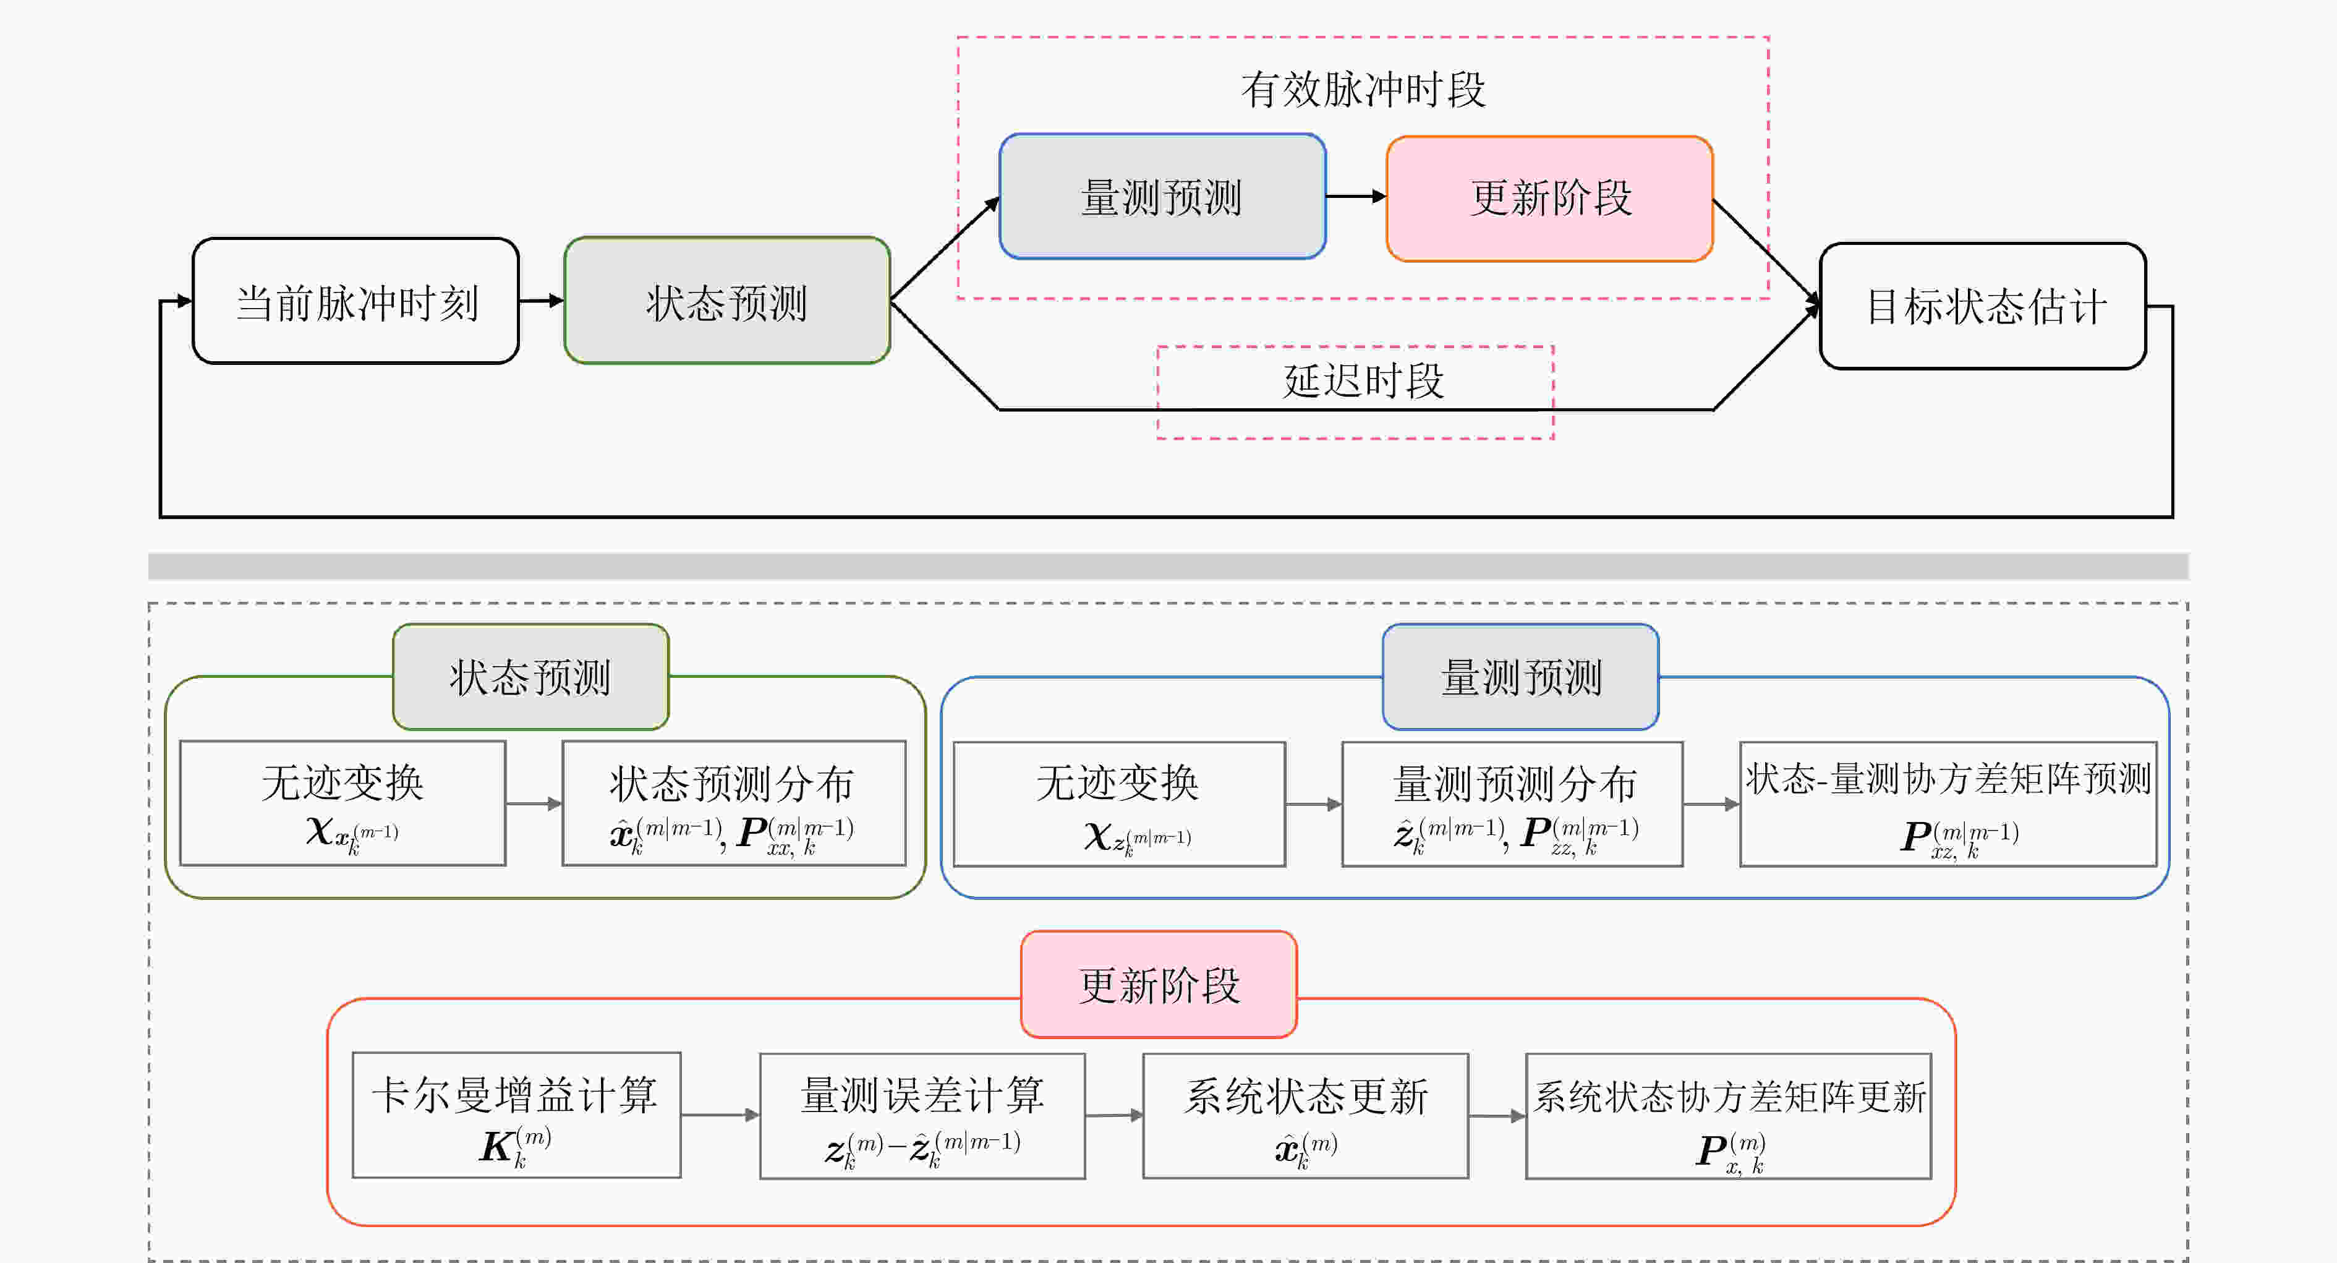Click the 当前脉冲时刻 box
pyautogui.click(x=355, y=301)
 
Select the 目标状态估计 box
pyautogui.click(x=1983, y=306)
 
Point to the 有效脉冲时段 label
pyautogui.click(x=1363, y=90)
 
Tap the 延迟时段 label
pyautogui.click(x=1363, y=381)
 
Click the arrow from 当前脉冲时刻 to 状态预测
pyautogui.click(x=542, y=301)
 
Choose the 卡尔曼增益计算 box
pyautogui.click(x=516, y=1115)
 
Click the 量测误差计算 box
pyautogui.click(x=922, y=1116)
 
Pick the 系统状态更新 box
pyautogui.click(x=1306, y=1116)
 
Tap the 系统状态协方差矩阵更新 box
pyautogui.click(x=1729, y=1116)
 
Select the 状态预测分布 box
pyautogui.click(x=734, y=803)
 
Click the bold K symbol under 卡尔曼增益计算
pyautogui.click(x=497, y=1147)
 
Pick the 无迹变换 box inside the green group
pyautogui.click(x=343, y=803)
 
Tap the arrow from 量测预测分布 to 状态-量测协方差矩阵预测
pyautogui.click(x=1712, y=804)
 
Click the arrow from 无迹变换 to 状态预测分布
pyautogui.click(x=534, y=803)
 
